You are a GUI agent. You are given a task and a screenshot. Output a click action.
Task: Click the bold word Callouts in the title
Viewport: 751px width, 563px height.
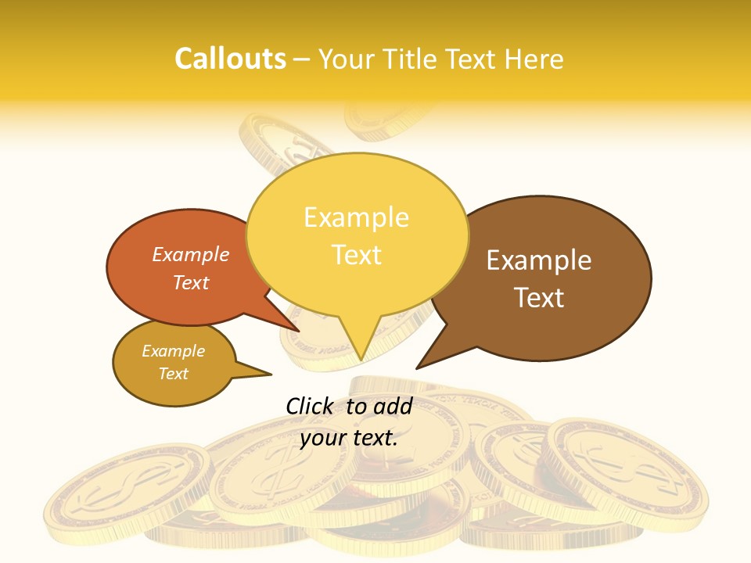pyautogui.click(x=230, y=59)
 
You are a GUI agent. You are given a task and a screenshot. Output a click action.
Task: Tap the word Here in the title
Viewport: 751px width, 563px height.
pyautogui.click(x=534, y=59)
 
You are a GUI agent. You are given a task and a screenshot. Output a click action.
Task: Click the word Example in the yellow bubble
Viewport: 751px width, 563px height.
pyautogui.click(x=356, y=217)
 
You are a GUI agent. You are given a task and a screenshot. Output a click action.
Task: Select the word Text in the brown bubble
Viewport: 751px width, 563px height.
pyautogui.click(x=540, y=298)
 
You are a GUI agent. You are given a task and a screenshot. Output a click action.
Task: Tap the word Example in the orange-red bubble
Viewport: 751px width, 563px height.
pyautogui.click(x=191, y=255)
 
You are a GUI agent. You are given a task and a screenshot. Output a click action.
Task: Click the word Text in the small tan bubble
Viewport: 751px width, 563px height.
pyautogui.click(x=174, y=374)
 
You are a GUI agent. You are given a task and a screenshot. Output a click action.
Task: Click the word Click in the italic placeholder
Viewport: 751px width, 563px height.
pyautogui.click(x=310, y=406)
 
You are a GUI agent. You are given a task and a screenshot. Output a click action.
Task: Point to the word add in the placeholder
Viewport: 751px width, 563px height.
pyautogui.click(x=393, y=406)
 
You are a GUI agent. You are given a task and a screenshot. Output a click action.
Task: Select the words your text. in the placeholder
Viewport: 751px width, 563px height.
pyautogui.click(x=349, y=438)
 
